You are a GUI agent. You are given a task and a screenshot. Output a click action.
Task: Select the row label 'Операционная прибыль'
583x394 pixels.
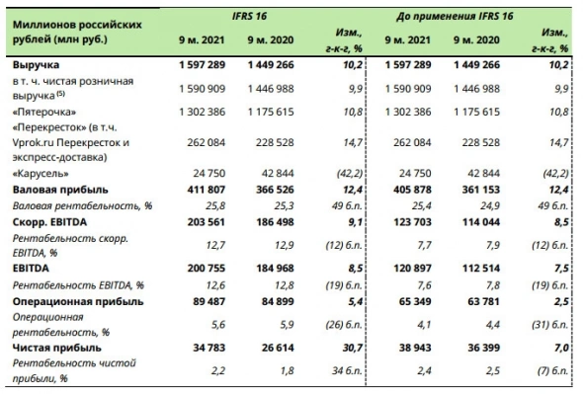[77, 301]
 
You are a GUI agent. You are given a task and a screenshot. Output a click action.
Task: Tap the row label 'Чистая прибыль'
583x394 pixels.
[59, 348]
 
